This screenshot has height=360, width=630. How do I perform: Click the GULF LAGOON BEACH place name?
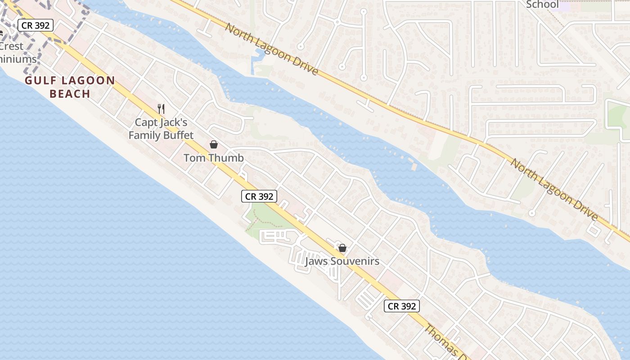click(70, 87)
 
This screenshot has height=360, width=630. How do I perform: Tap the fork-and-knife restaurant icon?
click(161, 108)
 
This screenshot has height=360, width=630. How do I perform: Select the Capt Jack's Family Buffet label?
click(161, 129)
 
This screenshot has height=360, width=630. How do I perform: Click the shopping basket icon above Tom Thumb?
click(214, 144)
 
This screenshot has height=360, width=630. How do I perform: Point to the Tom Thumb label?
click(214, 158)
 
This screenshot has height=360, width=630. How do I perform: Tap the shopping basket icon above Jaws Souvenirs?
click(342, 248)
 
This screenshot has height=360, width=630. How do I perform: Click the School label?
click(542, 4)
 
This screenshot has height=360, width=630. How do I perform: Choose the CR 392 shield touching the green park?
click(259, 196)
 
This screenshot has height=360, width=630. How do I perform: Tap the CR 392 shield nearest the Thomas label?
click(402, 306)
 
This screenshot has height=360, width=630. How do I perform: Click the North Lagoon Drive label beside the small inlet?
click(271, 49)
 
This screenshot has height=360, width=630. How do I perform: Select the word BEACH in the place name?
click(70, 94)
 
